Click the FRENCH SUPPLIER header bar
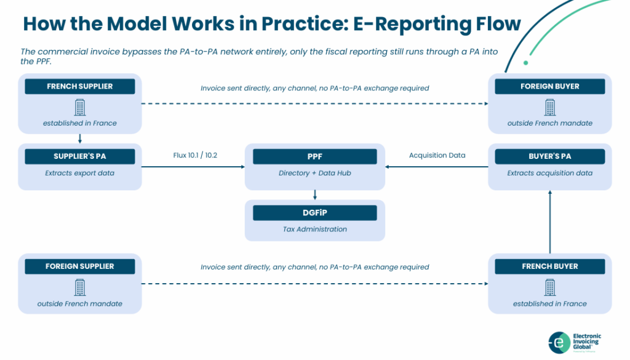point(80,86)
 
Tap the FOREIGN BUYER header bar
point(549,86)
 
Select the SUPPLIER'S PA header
point(80,156)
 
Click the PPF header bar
point(315,156)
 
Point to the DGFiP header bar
point(315,212)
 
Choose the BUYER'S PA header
point(549,156)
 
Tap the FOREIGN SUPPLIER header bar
point(80,266)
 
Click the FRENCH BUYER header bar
point(549,266)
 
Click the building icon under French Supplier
point(80,107)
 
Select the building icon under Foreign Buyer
point(550,107)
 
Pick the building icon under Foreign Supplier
point(80,287)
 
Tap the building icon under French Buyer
point(550,287)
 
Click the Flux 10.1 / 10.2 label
point(195,155)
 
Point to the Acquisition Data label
point(437,155)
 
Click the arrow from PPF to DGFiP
point(315,195)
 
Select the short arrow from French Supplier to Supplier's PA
point(80,138)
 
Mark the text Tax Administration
point(315,229)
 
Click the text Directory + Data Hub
point(315,173)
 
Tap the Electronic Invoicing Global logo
point(575,342)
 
